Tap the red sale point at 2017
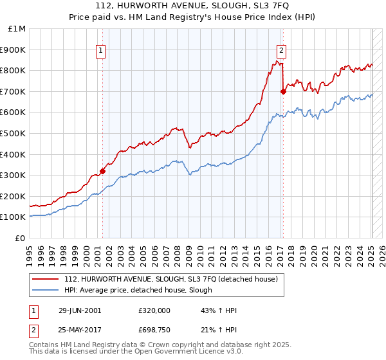pos(283,91)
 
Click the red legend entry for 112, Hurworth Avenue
pos(170,279)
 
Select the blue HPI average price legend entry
pos(138,290)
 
